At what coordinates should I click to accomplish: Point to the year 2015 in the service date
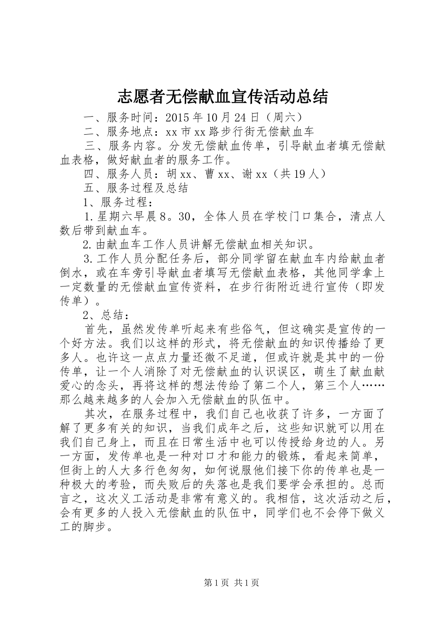(177, 117)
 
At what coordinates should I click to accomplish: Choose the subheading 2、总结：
(106, 314)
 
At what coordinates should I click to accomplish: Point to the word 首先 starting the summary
(96, 329)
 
